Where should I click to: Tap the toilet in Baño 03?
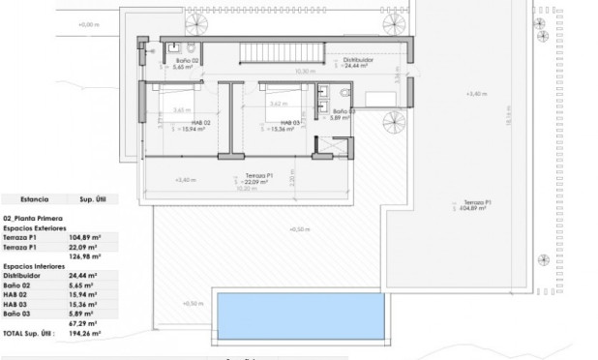(x=346, y=92)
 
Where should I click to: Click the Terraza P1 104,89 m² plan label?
(x=473, y=204)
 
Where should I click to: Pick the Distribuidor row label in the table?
(x=21, y=276)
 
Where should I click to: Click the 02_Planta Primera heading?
(x=35, y=220)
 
